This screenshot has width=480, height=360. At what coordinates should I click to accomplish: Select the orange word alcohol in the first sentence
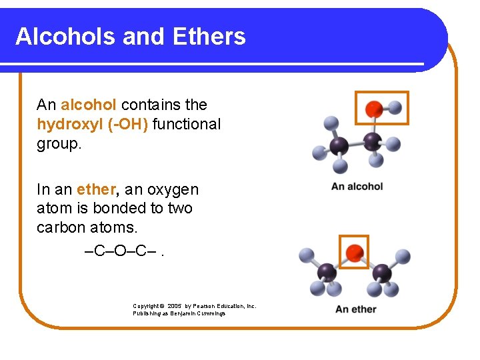click(89, 105)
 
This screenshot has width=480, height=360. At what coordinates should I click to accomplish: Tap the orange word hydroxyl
click(69, 124)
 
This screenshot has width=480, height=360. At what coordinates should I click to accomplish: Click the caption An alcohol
click(357, 186)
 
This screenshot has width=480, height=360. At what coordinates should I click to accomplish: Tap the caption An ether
click(355, 309)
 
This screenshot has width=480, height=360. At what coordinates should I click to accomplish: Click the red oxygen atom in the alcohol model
click(375, 107)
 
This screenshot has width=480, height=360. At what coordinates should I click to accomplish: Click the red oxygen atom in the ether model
click(355, 252)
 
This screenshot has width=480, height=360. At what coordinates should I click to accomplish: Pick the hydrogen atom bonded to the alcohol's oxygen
click(395, 106)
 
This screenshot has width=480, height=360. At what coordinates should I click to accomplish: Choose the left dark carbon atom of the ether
click(327, 271)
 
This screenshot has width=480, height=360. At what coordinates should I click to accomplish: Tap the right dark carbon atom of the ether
click(381, 271)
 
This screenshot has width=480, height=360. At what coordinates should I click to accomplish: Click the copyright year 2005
click(177, 307)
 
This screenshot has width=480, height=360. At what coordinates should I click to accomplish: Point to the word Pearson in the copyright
click(208, 307)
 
